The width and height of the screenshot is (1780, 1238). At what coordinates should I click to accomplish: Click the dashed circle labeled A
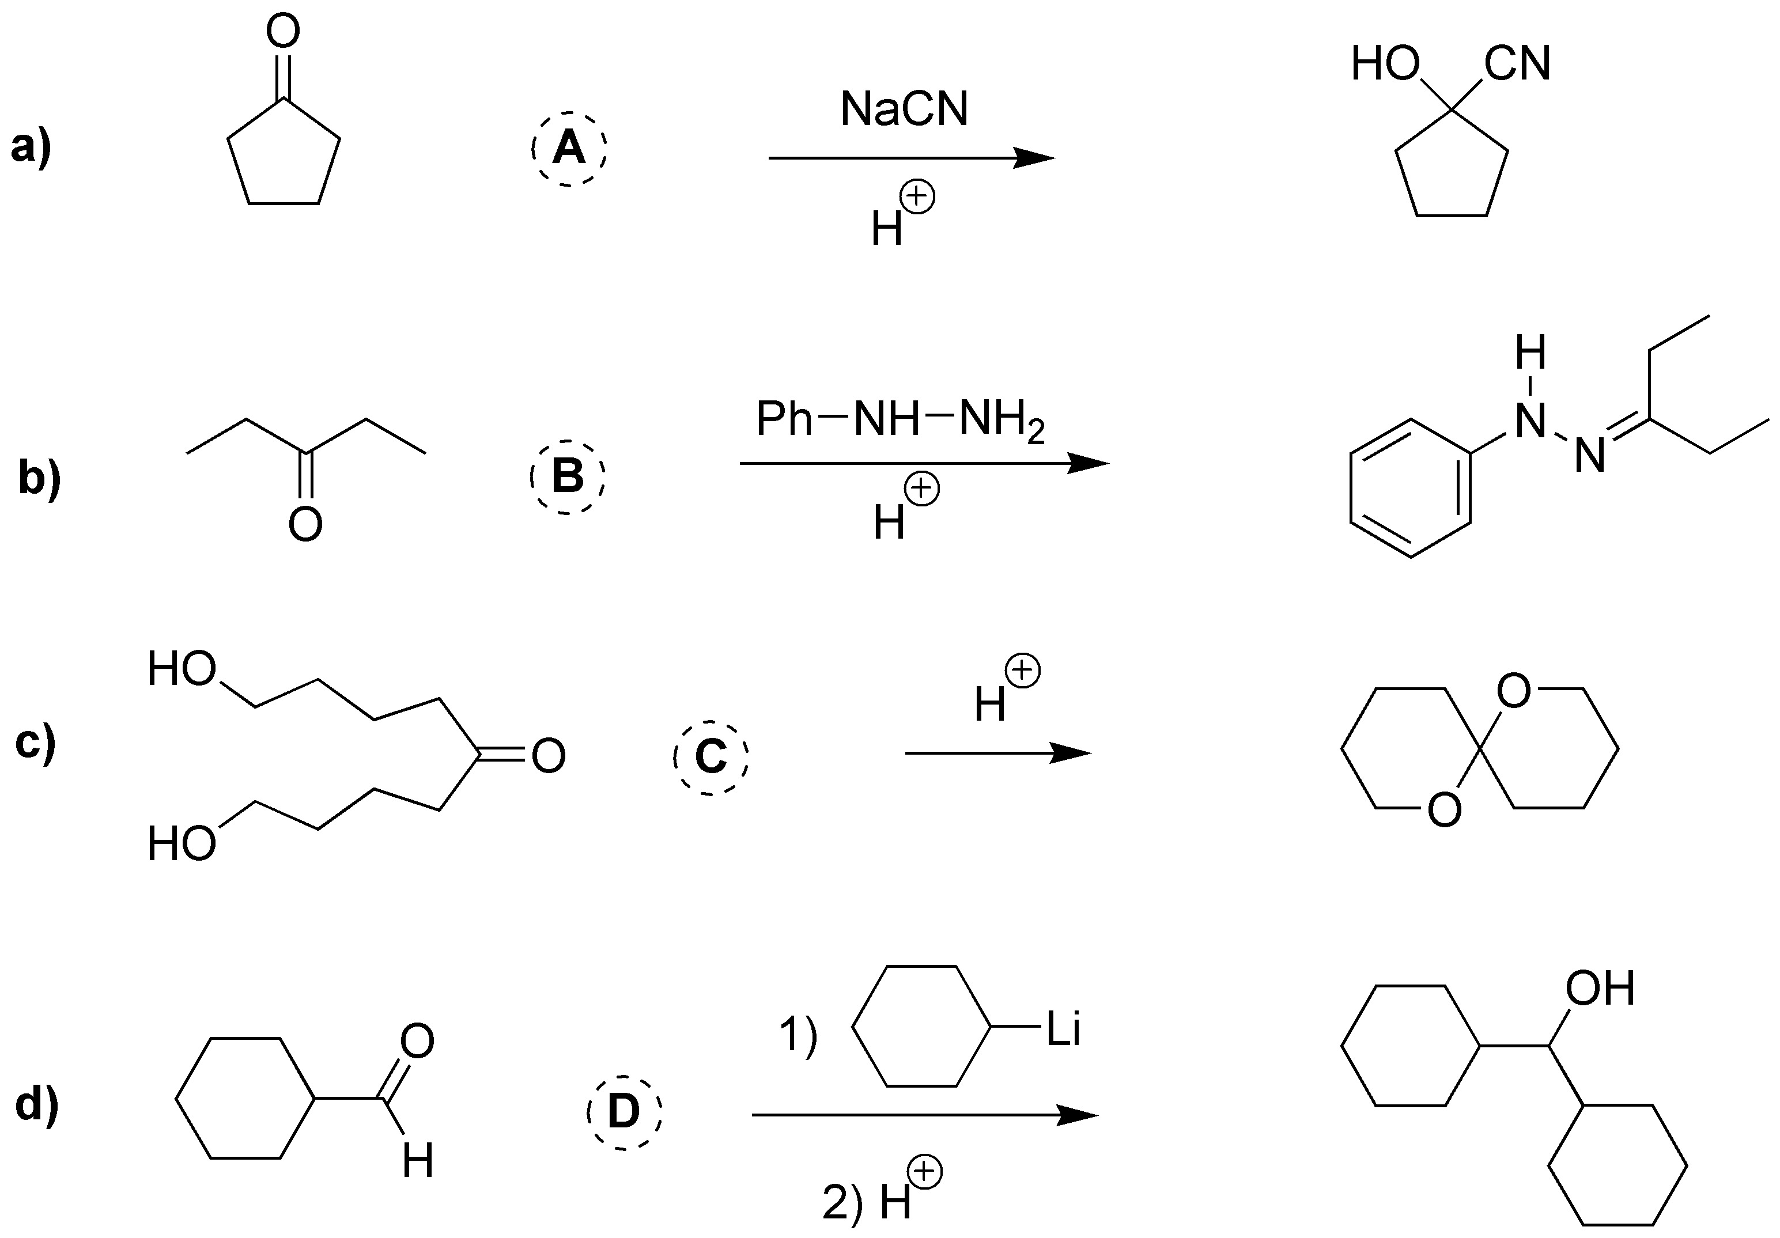pyautogui.click(x=569, y=148)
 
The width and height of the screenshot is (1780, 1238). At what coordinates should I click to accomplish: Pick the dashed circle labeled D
pyautogui.click(x=623, y=1112)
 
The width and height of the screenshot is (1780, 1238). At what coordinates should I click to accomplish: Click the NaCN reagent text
pyautogui.click(x=904, y=109)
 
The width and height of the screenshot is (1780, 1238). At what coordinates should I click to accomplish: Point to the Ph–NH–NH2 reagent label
pyautogui.click(x=900, y=422)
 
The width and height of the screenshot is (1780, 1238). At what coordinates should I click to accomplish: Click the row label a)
pyautogui.click(x=31, y=146)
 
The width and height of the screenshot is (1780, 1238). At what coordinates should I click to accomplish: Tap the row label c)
pyautogui.click(x=36, y=742)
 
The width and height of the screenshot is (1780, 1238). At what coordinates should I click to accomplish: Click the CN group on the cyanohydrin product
pyautogui.click(x=1517, y=63)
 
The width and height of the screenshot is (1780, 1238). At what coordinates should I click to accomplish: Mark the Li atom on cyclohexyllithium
pyautogui.click(x=1063, y=1029)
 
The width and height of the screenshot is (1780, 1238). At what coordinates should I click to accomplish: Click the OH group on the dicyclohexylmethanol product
pyautogui.click(x=1600, y=989)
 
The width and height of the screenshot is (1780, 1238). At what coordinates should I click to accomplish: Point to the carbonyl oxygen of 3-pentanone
pyautogui.click(x=305, y=525)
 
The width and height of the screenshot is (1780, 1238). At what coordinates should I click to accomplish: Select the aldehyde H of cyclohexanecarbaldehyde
pyautogui.click(x=418, y=1162)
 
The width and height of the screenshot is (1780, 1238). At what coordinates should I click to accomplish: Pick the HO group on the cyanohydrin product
pyautogui.click(x=1385, y=63)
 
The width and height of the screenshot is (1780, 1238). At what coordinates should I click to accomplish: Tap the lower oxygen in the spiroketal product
pyautogui.click(x=1443, y=810)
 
